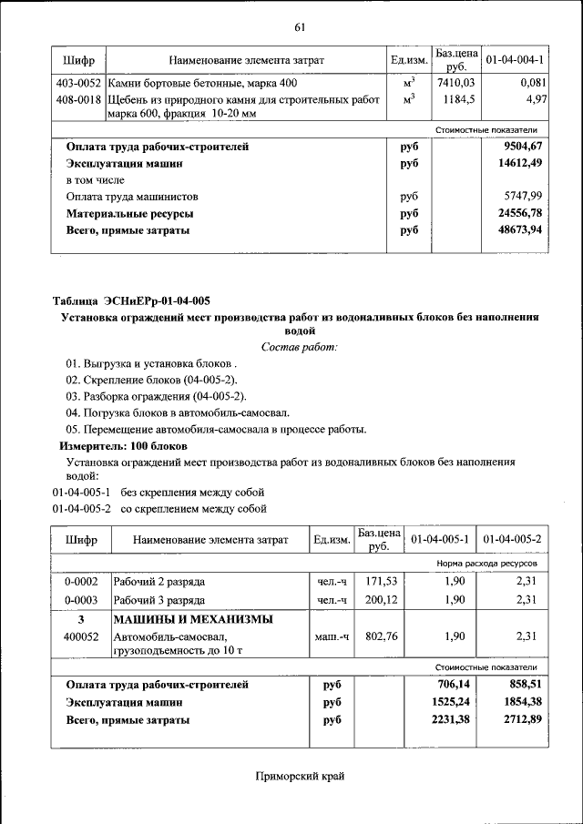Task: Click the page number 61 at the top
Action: (298, 27)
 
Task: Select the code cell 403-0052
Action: (78, 84)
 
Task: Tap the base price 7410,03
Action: (455, 84)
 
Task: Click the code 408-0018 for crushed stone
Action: (78, 98)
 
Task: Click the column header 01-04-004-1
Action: (515, 60)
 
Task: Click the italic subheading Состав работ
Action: (300, 347)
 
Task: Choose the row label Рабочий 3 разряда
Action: (159, 600)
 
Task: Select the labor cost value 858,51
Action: (523, 685)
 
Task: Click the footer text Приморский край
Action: (300, 776)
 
